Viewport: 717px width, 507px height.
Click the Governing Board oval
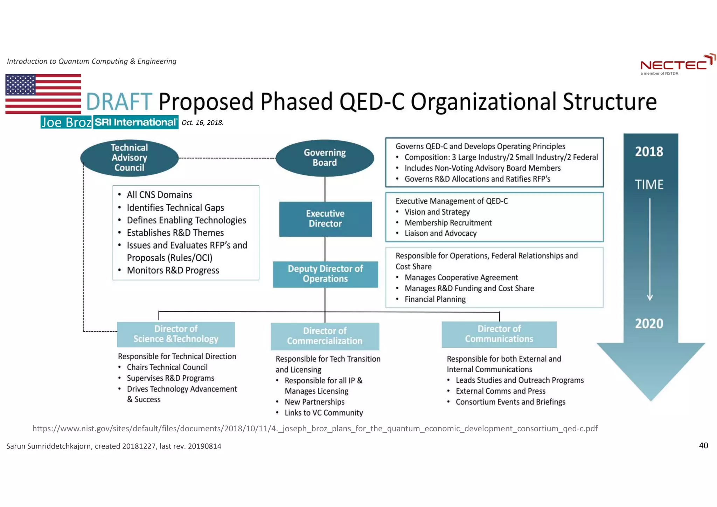[x=325, y=158]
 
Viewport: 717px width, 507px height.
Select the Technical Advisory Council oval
[x=129, y=158]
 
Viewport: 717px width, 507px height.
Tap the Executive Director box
[x=325, y=219]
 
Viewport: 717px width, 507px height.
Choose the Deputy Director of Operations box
[x=325, y=274]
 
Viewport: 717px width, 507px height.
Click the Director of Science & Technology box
[x=176, y=334]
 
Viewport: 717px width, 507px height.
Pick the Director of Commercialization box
[x=325, y=336]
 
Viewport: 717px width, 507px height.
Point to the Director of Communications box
[x=499, y=334]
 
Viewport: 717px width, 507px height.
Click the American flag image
[x=43, y=94]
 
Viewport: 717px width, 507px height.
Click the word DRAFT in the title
[x=119, y=102]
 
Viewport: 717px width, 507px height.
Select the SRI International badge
[x=136, y=122]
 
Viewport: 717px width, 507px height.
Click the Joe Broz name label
[x=66, y=122]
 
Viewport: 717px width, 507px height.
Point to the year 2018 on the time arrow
[x=649, y=152]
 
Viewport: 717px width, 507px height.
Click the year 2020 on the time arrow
[x=649, y=324]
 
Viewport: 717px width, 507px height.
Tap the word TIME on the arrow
[x=649, y=185]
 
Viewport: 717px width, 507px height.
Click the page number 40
[x=703, y=445]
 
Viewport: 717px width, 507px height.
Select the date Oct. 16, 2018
[x=202, y=123]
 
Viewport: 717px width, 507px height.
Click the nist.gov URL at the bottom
[x=315, y=429]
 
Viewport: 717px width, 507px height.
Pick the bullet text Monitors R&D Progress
[x=173, y=270]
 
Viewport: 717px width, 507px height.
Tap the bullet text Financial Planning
[x=435, y=299]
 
